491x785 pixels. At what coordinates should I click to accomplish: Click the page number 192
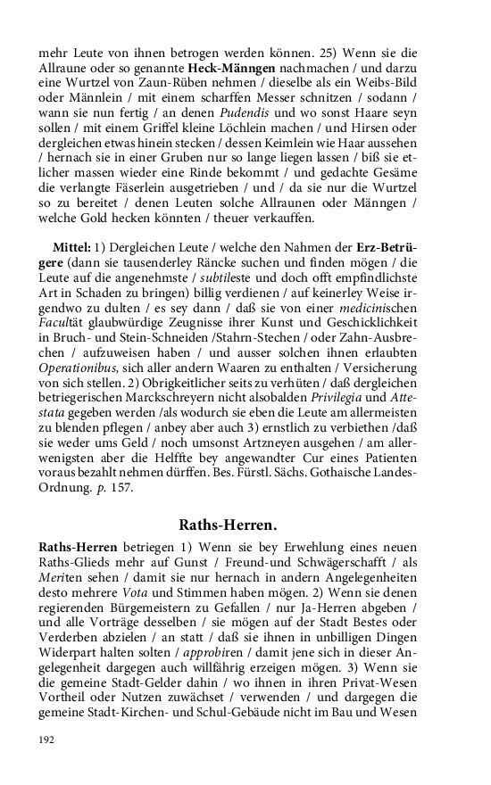pos(47,740)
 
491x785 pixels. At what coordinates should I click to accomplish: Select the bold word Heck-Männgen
pos(224,67)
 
